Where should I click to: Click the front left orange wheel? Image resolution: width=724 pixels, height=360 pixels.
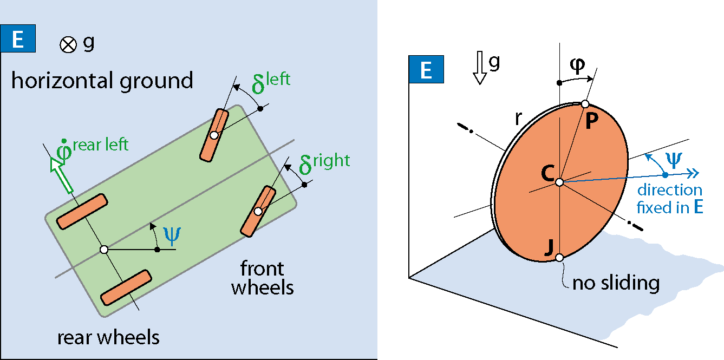tap(214, 135)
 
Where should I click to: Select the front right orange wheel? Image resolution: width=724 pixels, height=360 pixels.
tap(258, 211)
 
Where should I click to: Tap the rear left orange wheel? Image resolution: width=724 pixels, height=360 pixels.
tap(82, 212)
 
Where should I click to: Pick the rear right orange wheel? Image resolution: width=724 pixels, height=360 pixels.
tap(126, 287)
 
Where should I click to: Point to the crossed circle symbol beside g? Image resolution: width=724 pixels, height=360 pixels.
tap(68, 44)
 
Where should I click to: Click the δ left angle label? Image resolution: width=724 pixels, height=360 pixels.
tap(271, 83)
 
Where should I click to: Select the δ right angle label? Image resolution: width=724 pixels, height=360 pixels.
tap(324, 164)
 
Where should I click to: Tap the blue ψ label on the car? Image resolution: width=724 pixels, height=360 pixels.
tap(172, 236)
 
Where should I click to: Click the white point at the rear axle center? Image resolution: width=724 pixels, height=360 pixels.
tap(104, 250)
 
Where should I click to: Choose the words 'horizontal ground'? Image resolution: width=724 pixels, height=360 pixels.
tap(102, 81)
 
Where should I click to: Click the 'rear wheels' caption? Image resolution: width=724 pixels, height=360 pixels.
tap(108, 338)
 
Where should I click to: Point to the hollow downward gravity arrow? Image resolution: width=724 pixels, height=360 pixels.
tap(480, 68)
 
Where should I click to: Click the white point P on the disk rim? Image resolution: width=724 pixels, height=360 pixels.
tap(585, 104)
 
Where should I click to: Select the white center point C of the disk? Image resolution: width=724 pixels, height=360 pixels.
tap(559, 182)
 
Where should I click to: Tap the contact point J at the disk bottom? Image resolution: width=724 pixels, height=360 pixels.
tap(559, 258)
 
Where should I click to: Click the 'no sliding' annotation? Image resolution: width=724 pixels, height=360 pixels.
tap(616, 283)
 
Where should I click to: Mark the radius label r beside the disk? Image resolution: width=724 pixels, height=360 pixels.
tap(518, 118)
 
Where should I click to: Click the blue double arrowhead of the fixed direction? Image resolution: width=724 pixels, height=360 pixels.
tap(693, 174)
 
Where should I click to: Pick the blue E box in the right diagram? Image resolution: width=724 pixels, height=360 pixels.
tap(426, 69)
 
